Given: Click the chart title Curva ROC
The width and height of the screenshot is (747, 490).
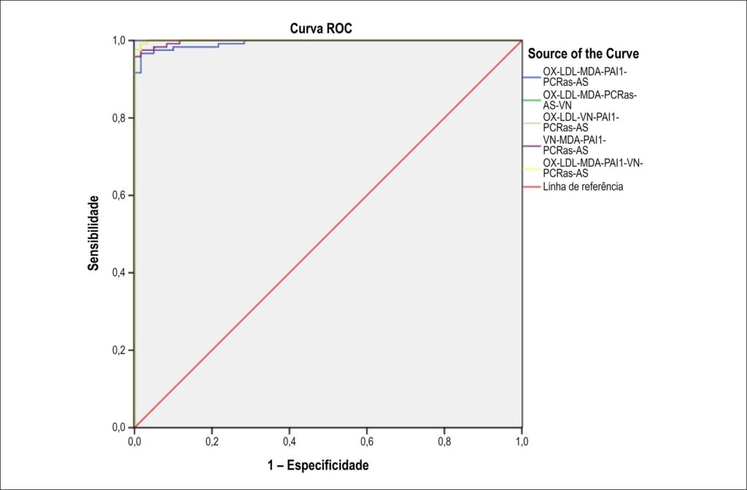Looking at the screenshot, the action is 321,28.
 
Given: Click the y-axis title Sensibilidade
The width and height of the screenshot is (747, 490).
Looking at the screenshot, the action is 94,233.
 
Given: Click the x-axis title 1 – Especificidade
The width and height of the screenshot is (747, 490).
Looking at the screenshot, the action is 318,464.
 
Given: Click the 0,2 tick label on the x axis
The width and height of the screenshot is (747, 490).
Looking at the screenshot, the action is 212,442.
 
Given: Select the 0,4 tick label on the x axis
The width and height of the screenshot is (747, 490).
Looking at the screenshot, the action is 289,442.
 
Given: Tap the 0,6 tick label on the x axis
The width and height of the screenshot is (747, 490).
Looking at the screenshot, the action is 367,442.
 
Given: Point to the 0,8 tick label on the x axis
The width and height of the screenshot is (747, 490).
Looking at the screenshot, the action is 444,442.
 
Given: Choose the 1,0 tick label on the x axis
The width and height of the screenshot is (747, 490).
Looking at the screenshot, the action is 522,442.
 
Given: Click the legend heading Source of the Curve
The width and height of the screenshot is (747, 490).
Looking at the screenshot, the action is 583,54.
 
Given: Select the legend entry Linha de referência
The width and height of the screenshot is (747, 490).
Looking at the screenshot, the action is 583,187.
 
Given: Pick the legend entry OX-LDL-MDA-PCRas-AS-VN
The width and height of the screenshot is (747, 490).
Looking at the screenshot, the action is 589,100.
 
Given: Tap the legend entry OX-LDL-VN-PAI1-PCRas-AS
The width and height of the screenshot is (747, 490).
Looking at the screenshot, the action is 581,122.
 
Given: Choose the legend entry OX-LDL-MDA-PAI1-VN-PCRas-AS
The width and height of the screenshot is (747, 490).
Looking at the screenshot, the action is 593,168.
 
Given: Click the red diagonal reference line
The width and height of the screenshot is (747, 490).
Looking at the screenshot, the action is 328,234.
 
